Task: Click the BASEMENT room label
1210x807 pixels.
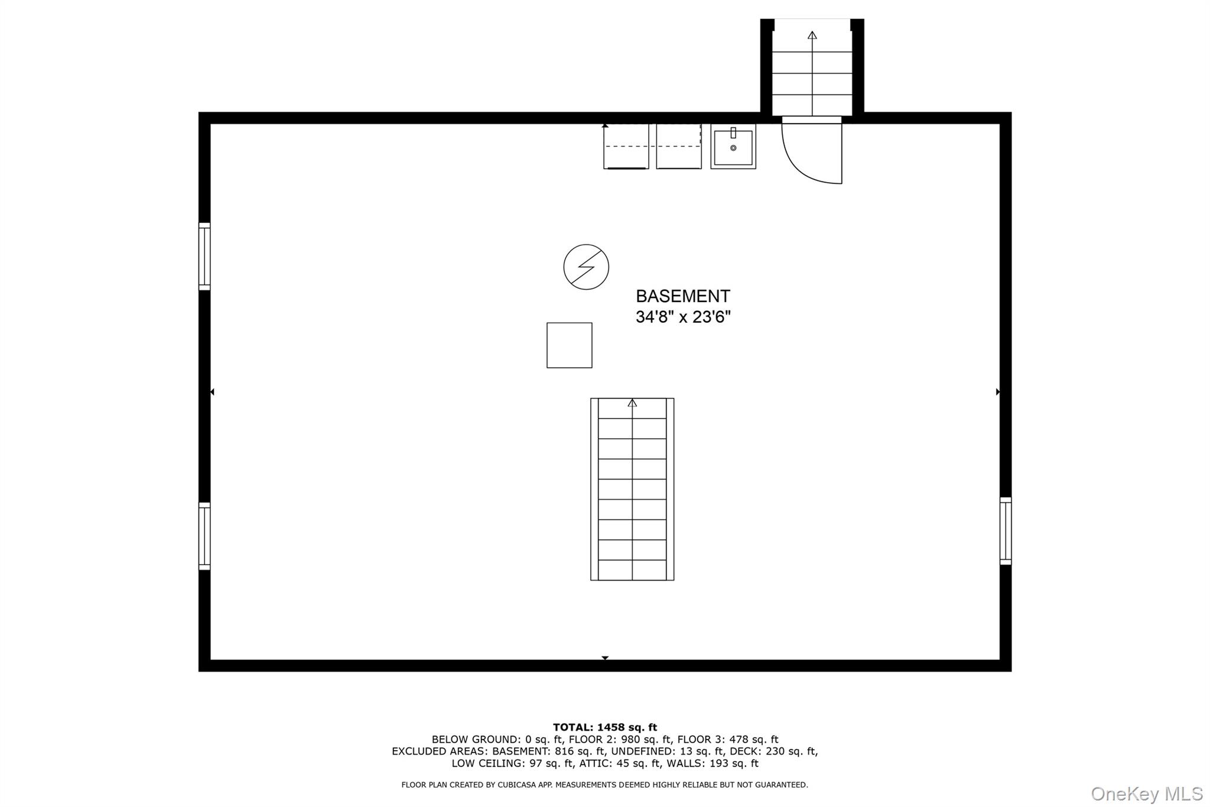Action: tap(682, 296)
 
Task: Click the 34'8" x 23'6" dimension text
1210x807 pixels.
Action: tap(683, 317)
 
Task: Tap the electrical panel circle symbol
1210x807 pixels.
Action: tap(586, 267)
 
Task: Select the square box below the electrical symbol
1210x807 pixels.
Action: tap(570, 345)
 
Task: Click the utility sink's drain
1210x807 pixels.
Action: tap(733, 148)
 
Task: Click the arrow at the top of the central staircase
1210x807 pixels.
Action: tap(632, 403)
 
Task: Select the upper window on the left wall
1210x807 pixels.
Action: tap(204, 257)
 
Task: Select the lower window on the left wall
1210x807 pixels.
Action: tap(204, 536)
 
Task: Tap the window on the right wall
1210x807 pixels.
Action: tap(1006, 531)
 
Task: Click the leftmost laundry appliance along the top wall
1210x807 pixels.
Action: tap(626, 147)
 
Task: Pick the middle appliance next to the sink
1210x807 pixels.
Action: tap(679, 147)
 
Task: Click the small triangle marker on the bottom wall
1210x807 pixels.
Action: tap(605, 658)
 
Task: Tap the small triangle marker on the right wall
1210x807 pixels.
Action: tap(998, 392)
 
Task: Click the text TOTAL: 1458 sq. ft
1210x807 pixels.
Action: tap(605, 728)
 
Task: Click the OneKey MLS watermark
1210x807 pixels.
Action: tap(1147, 793)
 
